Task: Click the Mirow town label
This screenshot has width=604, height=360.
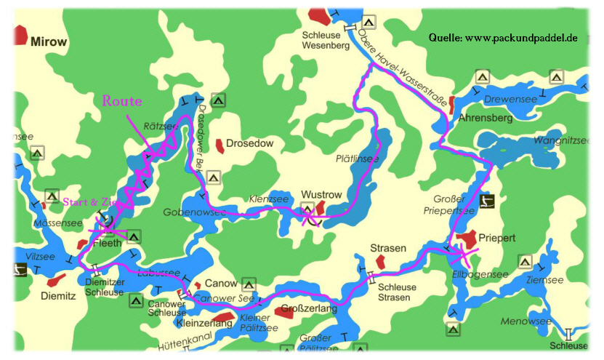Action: click(x=49, y=42)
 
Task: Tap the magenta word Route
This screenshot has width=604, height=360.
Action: click(x=122, y=101)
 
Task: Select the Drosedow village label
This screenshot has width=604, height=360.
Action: click(x=249, y=143)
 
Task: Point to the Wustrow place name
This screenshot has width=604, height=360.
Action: click(x=321, y=195)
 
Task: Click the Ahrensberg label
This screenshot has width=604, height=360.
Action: click(x=486, y=117)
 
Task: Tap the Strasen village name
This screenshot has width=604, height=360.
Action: click(x=388, y=248)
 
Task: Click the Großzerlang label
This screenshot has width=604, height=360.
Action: click(x=310, y=309)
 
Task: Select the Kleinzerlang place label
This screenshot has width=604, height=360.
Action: click(x=204, y=322)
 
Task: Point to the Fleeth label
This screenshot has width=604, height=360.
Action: click(x=108, y=244)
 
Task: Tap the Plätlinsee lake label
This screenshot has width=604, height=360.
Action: click(x=357, y=158)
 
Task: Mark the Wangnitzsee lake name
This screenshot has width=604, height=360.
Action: click(x=562, y=140)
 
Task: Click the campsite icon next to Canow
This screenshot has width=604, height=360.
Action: click(x=249, y=284)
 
